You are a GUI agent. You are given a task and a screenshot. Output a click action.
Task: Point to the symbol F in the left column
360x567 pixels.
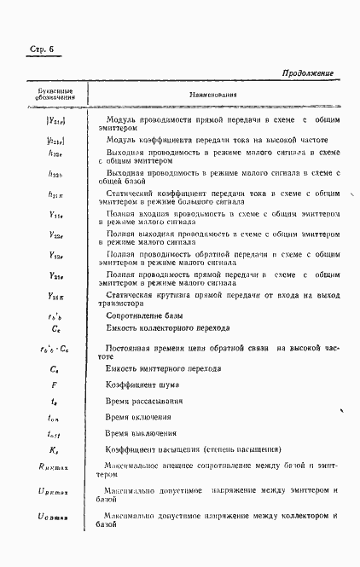tap(55, 385)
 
